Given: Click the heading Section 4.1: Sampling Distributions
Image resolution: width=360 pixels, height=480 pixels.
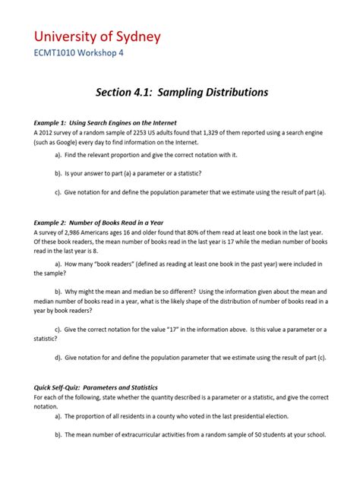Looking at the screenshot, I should pos(182,93).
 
